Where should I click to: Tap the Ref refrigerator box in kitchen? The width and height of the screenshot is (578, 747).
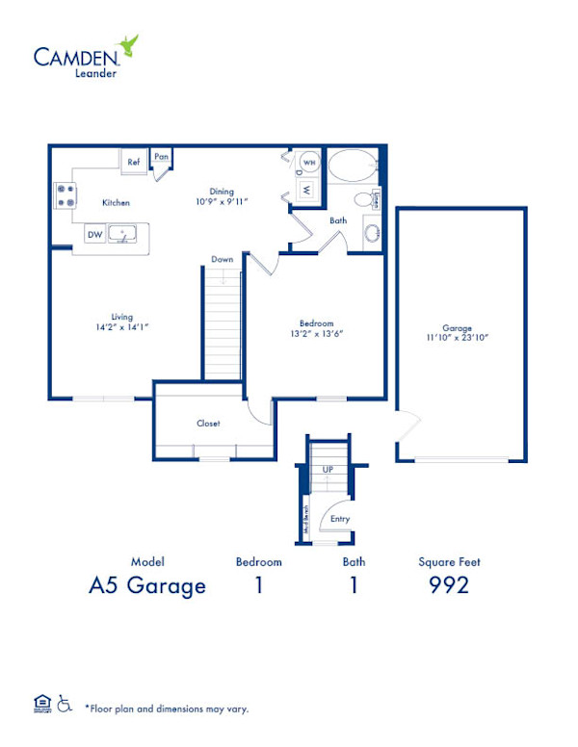tap(133, 162)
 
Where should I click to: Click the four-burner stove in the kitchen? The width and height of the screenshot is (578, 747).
tap(66, 196)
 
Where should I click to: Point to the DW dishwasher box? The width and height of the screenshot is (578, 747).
tap(95, 234)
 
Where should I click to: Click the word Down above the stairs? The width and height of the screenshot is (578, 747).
tap(223, 259)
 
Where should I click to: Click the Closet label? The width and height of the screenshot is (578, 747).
tap(208, 423)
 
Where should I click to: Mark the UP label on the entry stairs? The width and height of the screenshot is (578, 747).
tap(328, 469)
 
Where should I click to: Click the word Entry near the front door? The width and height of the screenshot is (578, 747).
tap(339, 519)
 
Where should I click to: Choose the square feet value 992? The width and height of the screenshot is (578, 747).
tap(449, 584)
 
